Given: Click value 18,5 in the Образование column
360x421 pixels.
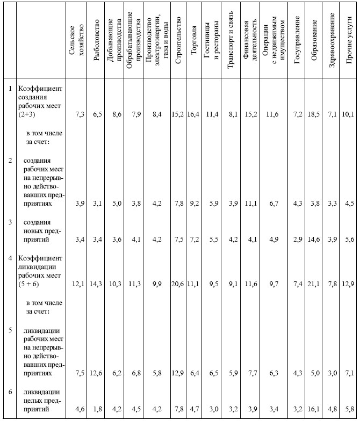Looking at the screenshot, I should tap(315, 114).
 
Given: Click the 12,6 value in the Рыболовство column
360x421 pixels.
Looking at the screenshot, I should tap(97, 373).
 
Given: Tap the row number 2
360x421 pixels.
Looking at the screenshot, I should tap(9, 160).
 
